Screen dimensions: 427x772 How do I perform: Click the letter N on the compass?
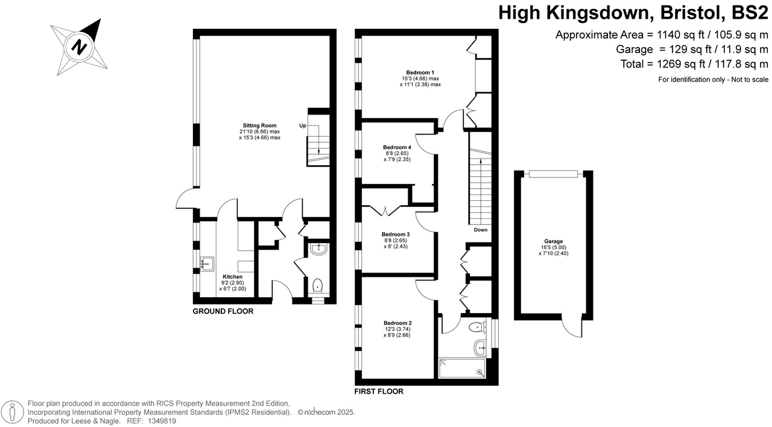[x=78, y=46]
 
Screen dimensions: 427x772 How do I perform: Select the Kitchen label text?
[x=232, y=277]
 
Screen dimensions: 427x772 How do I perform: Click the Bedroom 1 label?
[x=420, y=72]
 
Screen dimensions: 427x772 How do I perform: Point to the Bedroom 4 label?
[x=397, y=147]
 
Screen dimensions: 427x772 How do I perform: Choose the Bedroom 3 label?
[x=396, y=234]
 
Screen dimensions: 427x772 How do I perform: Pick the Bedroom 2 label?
[x=397, y=323]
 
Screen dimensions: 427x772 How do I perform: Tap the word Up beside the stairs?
[x=303, y=125]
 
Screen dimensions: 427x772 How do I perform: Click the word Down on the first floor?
[x=480, y=230]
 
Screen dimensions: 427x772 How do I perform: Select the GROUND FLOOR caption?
[x=223, y=311]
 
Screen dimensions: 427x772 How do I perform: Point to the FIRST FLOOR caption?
[x=379, y=391]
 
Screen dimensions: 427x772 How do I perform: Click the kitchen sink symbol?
[x=207, y=262]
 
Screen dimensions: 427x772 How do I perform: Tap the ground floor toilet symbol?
[x=318, y=285]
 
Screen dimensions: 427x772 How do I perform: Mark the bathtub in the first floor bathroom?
[x=462, y=368]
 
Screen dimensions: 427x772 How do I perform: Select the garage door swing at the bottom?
[x=571, y=326]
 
